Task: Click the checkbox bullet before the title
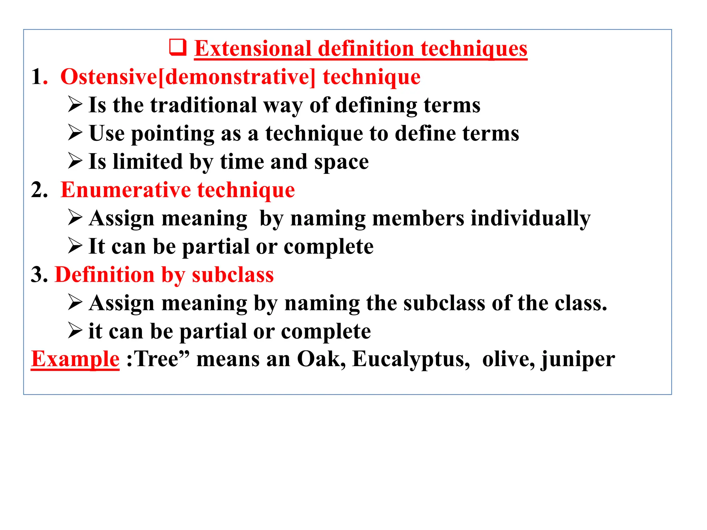click(178, 48)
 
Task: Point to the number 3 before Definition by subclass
click(37, 275)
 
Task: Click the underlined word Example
click(75, 359)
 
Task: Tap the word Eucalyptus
click(411, 360)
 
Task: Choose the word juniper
click(578, 360)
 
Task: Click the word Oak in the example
click(321, 359)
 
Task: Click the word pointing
click(173, 134)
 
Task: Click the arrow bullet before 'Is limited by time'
click(75, 161)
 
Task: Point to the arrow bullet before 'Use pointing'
click(75, 133)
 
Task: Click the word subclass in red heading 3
click(233, 275)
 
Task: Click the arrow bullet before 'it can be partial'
click(75, 331)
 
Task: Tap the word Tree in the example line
click(156, 359)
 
